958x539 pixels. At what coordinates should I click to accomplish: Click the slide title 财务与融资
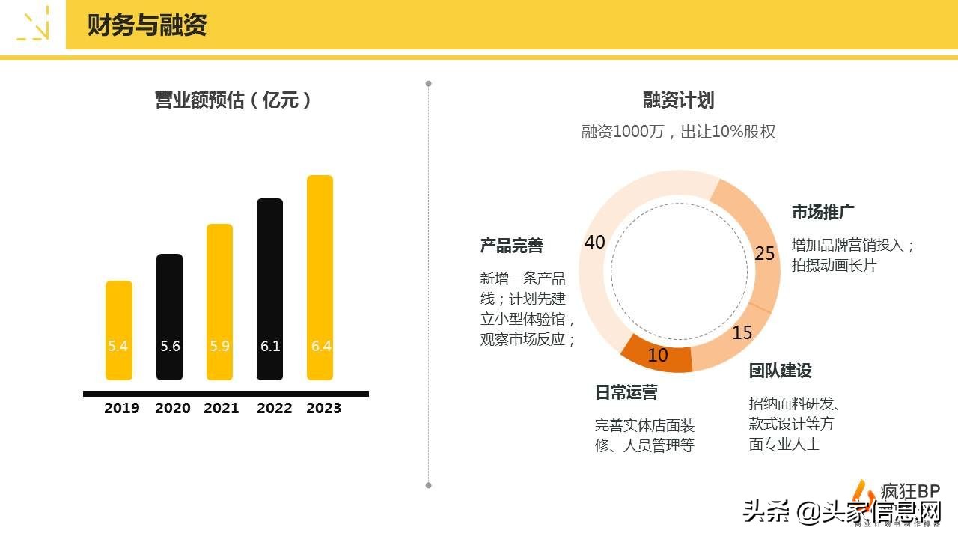pyautogui.click(x=147, y=25)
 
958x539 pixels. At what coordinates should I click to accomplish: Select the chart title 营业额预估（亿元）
pyautogui.click(x=233, y=100)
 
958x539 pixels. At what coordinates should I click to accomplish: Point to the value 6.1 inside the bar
pyautogui.click(x=270, y=347)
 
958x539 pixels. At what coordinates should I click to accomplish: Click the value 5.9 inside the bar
pyautogui.click(x=219, y=347)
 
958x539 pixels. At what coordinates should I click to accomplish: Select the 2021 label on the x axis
pyautogui.click(x=221, y=408)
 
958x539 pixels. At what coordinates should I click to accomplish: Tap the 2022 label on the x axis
pyautogui.click(x=274, y=408)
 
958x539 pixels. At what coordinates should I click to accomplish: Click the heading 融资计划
pyautogui.click(x=678, y=100)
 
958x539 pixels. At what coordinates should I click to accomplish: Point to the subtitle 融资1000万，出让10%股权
pyautogui.click(x=678, y=132)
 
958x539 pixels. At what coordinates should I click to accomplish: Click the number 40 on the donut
pyautogui.click(x=594, y=242)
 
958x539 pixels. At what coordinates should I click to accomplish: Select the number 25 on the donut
pyautogui.click(x=764, y=254)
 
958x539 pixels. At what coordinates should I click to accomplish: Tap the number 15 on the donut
pyautogui.click(x=742, y=332)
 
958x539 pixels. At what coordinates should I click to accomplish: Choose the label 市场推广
pyautogui.click(x=823, y=212)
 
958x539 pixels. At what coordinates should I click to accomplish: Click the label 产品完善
pyautogui.click(x=511, y=246)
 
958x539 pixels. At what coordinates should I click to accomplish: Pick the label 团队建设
pyautogui.click(x=780, y=371)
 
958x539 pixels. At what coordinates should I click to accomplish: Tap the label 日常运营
pyautogui.click(x=626, y=392)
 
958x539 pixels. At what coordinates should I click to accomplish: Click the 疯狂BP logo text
pyautogui.click(x=909, y=491)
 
